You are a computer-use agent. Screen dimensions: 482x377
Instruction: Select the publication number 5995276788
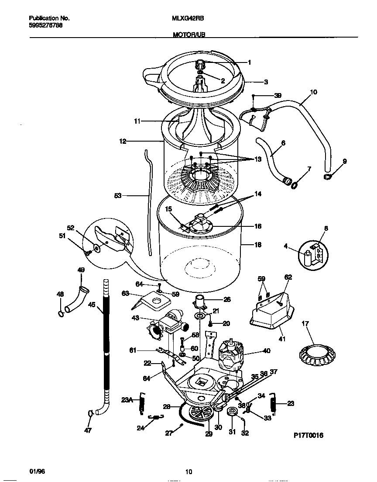(x=45, y=25)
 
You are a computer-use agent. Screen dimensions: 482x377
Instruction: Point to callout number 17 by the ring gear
(x=305, y=324)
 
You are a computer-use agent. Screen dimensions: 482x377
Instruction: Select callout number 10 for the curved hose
(x=313, y=92)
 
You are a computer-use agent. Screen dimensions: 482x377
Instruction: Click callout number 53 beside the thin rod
(x=118, y=196)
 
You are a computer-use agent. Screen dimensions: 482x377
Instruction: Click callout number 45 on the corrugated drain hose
(x=91, y=305)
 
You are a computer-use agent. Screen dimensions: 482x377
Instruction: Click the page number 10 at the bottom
(x=188, y=472)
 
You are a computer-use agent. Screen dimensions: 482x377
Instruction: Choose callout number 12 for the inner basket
(x=122, y=141)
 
